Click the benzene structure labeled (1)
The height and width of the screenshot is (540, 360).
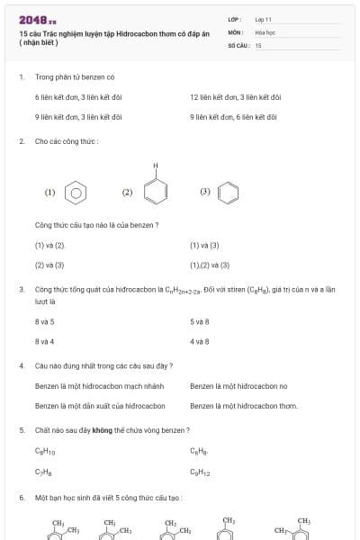point(77,192)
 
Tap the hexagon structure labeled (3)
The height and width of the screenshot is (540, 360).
point(229,192)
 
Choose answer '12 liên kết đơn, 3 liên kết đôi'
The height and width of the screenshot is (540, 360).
point(235,96)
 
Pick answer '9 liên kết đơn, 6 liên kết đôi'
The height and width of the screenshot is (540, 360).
point(233,117)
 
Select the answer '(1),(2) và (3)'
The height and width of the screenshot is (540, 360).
point(210,265)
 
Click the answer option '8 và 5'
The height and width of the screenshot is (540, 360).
point(45,321)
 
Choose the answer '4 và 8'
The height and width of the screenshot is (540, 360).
point(199,342)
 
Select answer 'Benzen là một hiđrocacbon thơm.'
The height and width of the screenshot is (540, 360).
point(244,406)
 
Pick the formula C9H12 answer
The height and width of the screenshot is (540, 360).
point(200,472)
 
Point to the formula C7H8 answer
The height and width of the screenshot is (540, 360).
point(43,472)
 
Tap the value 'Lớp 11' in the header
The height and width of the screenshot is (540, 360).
point(263,19)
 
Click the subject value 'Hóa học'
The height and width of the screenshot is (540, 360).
point(265,32)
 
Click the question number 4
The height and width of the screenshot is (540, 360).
point(21,366)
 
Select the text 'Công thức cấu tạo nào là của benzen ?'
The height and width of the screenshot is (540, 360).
point(97,224)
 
